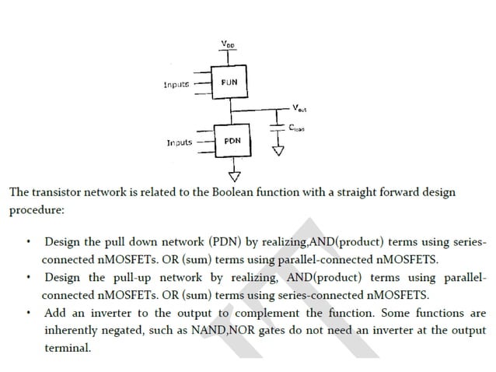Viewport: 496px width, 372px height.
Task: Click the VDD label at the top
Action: pos(226,44)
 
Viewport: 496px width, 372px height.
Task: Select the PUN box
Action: pos(229,81)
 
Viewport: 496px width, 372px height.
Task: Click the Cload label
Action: pos(298,130)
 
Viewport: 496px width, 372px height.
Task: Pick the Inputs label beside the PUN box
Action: pos(176,84)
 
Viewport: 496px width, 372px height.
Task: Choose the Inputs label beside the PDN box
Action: pos(180,143)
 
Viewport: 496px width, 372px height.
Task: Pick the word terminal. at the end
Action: pos(68,348)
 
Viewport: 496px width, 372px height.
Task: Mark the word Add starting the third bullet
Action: pos(56,314)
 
